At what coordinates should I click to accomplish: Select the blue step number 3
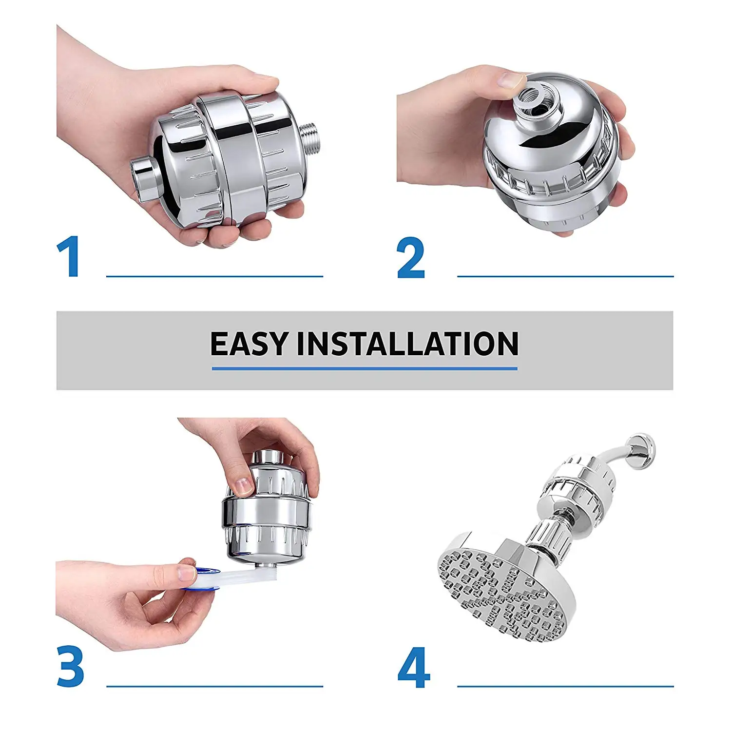coord(71,666)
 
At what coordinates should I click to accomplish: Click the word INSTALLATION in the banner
coord(407,344)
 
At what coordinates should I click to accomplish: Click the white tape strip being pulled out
coord(234,575)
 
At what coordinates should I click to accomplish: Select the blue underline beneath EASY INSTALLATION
coord(365,369)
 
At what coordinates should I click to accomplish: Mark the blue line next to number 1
coord(214,276)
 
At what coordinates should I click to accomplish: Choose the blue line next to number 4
coord(565,687)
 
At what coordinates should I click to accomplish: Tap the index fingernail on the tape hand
coord(186,573)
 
